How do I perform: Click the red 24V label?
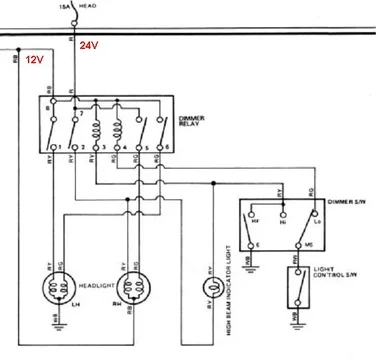[x=90, y=45]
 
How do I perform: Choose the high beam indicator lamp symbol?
[x=211, y=289]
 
